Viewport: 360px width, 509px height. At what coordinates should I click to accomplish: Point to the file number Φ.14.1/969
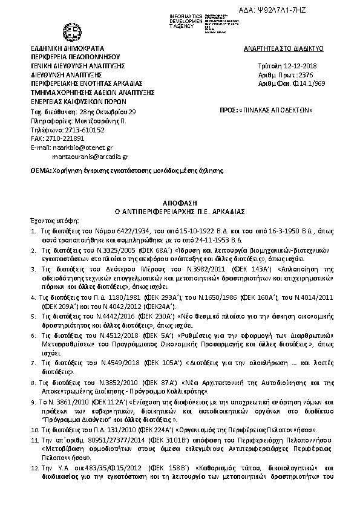pyautogui.click(x=297, y=84)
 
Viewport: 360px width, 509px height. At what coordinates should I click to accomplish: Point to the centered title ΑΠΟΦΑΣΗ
pyautogui.click(x=179, y=203)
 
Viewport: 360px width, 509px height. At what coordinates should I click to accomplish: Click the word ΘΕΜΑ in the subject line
pyautogui.click(x=41, y=171)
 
